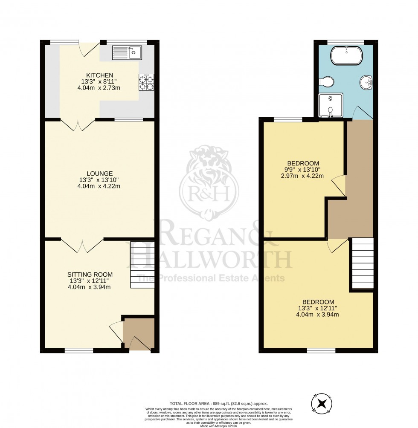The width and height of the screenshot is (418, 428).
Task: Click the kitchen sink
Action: [x=127, y=53]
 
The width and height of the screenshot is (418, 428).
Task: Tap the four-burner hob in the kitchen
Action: [x=146, y=82]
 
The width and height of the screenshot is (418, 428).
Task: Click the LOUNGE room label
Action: [x=99, y=174]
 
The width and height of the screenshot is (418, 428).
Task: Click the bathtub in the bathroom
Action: [x=346, y=56]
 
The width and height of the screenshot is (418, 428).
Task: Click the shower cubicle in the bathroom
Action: [x=330, y=105]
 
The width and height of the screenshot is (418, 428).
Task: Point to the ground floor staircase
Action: [x=142, y=264]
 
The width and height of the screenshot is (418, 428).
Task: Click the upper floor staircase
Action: [x=362, y=263]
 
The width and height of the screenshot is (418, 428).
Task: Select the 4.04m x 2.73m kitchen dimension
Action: [x=99, y=88]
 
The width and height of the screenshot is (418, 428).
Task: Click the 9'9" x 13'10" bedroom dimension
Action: [x=303, y=170]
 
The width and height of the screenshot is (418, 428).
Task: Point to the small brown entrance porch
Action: [x=139, y=333]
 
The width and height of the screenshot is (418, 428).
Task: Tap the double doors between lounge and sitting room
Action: [x=82, y=246]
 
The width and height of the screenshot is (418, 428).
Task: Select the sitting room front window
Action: [x=79, y=351]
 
